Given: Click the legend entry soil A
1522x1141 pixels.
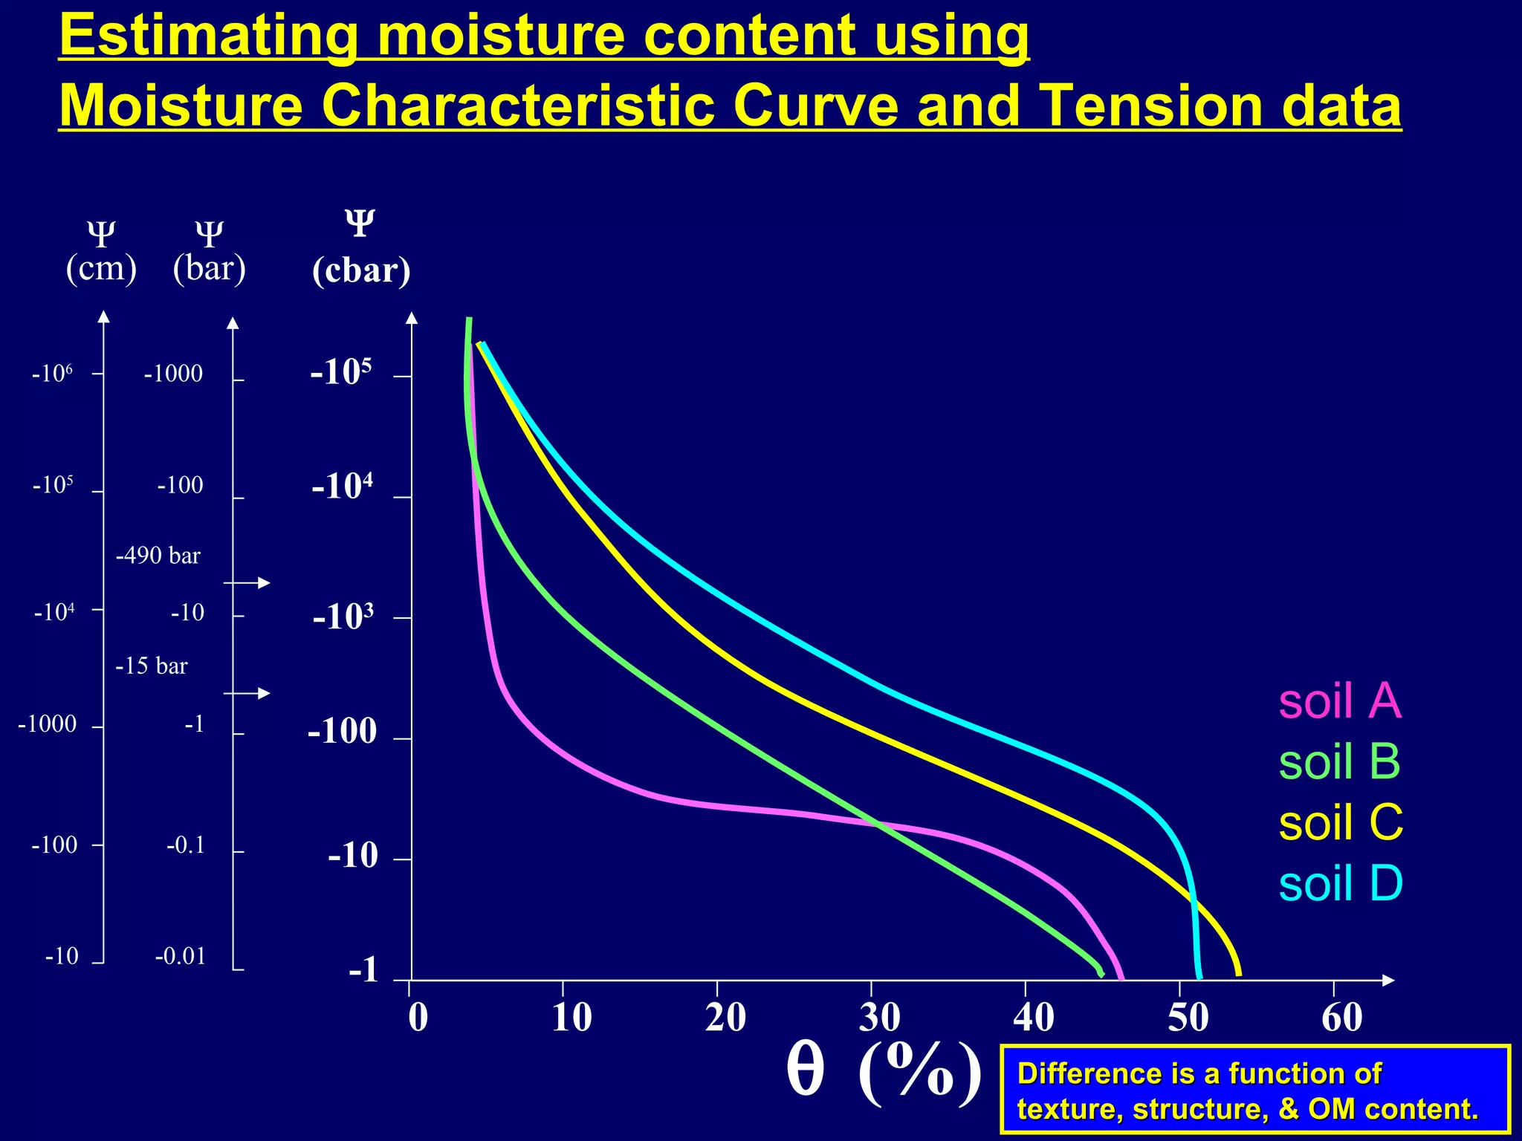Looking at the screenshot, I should (x=1339, y=700).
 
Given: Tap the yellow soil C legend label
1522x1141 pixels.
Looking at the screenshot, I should (x=1341, y=822).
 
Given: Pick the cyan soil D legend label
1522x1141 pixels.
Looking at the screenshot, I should (x=1341, y=883).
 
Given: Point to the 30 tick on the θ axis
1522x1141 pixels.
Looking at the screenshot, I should (x=880, y=1017).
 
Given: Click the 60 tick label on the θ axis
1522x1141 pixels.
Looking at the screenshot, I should (x=1341, y=1017).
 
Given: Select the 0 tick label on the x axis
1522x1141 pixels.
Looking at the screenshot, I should (x=418, y=1017).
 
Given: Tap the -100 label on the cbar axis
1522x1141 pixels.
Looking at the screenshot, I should (x=343, y=732).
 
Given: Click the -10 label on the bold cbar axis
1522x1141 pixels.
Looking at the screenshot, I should (x=353, y=856).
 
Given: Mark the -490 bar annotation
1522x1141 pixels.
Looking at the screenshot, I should (x=158, y=556).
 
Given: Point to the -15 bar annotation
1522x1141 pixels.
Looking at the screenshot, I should (x=152, y=666).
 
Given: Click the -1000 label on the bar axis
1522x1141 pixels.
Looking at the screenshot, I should (x=173, y=374).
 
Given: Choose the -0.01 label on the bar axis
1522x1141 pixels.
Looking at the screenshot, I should (x=180, y=956).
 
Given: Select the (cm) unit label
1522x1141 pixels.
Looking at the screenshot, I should (x=101, y=267).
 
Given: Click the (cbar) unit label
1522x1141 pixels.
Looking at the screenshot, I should (x=361, y=270).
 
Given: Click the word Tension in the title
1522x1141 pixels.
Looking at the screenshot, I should (x=1145, y=105).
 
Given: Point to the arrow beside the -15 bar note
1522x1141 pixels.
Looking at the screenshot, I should (x=247, y=693).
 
